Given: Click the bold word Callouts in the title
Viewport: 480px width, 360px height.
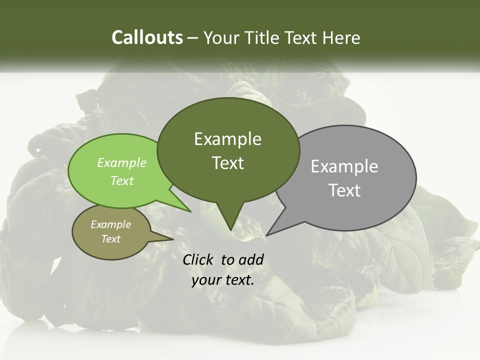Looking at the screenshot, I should pyautogui.click(x=147, y=37).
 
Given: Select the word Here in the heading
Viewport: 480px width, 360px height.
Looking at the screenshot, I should pyautogui.click(x=342, y=37).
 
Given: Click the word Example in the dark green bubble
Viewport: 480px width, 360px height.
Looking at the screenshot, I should pyautogui.click(x=227, y=139).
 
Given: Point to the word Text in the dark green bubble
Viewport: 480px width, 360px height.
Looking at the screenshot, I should pyautogui.click(x=227, y=163).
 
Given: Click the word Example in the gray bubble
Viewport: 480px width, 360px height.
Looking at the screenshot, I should pyautogui.click(x=344, y=166).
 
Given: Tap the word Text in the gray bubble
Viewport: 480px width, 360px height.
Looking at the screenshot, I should pyautogui.click(x=344, y=190).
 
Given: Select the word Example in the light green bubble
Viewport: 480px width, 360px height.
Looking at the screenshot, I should pyautogui.click(x=122, y=162).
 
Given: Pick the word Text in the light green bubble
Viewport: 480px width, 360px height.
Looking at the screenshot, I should pyautogui.click(x=122, y=180).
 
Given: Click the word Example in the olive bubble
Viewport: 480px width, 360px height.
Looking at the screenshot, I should pyautogui.click(x=110, y=224).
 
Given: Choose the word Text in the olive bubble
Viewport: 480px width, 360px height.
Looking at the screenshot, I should pyautogui.click(x=110, y=239).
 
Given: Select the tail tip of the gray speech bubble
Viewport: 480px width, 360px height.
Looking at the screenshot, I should pyautogui.click(x=266, y=235).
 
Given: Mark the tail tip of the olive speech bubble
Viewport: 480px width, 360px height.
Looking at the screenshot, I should pyautogui.click(x=173, y=239).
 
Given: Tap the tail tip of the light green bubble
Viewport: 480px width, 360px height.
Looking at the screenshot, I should pyautogui.click(x=190, y=211).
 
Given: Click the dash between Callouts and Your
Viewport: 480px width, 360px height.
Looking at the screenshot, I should pyautogui.click(x=193, y=38).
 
